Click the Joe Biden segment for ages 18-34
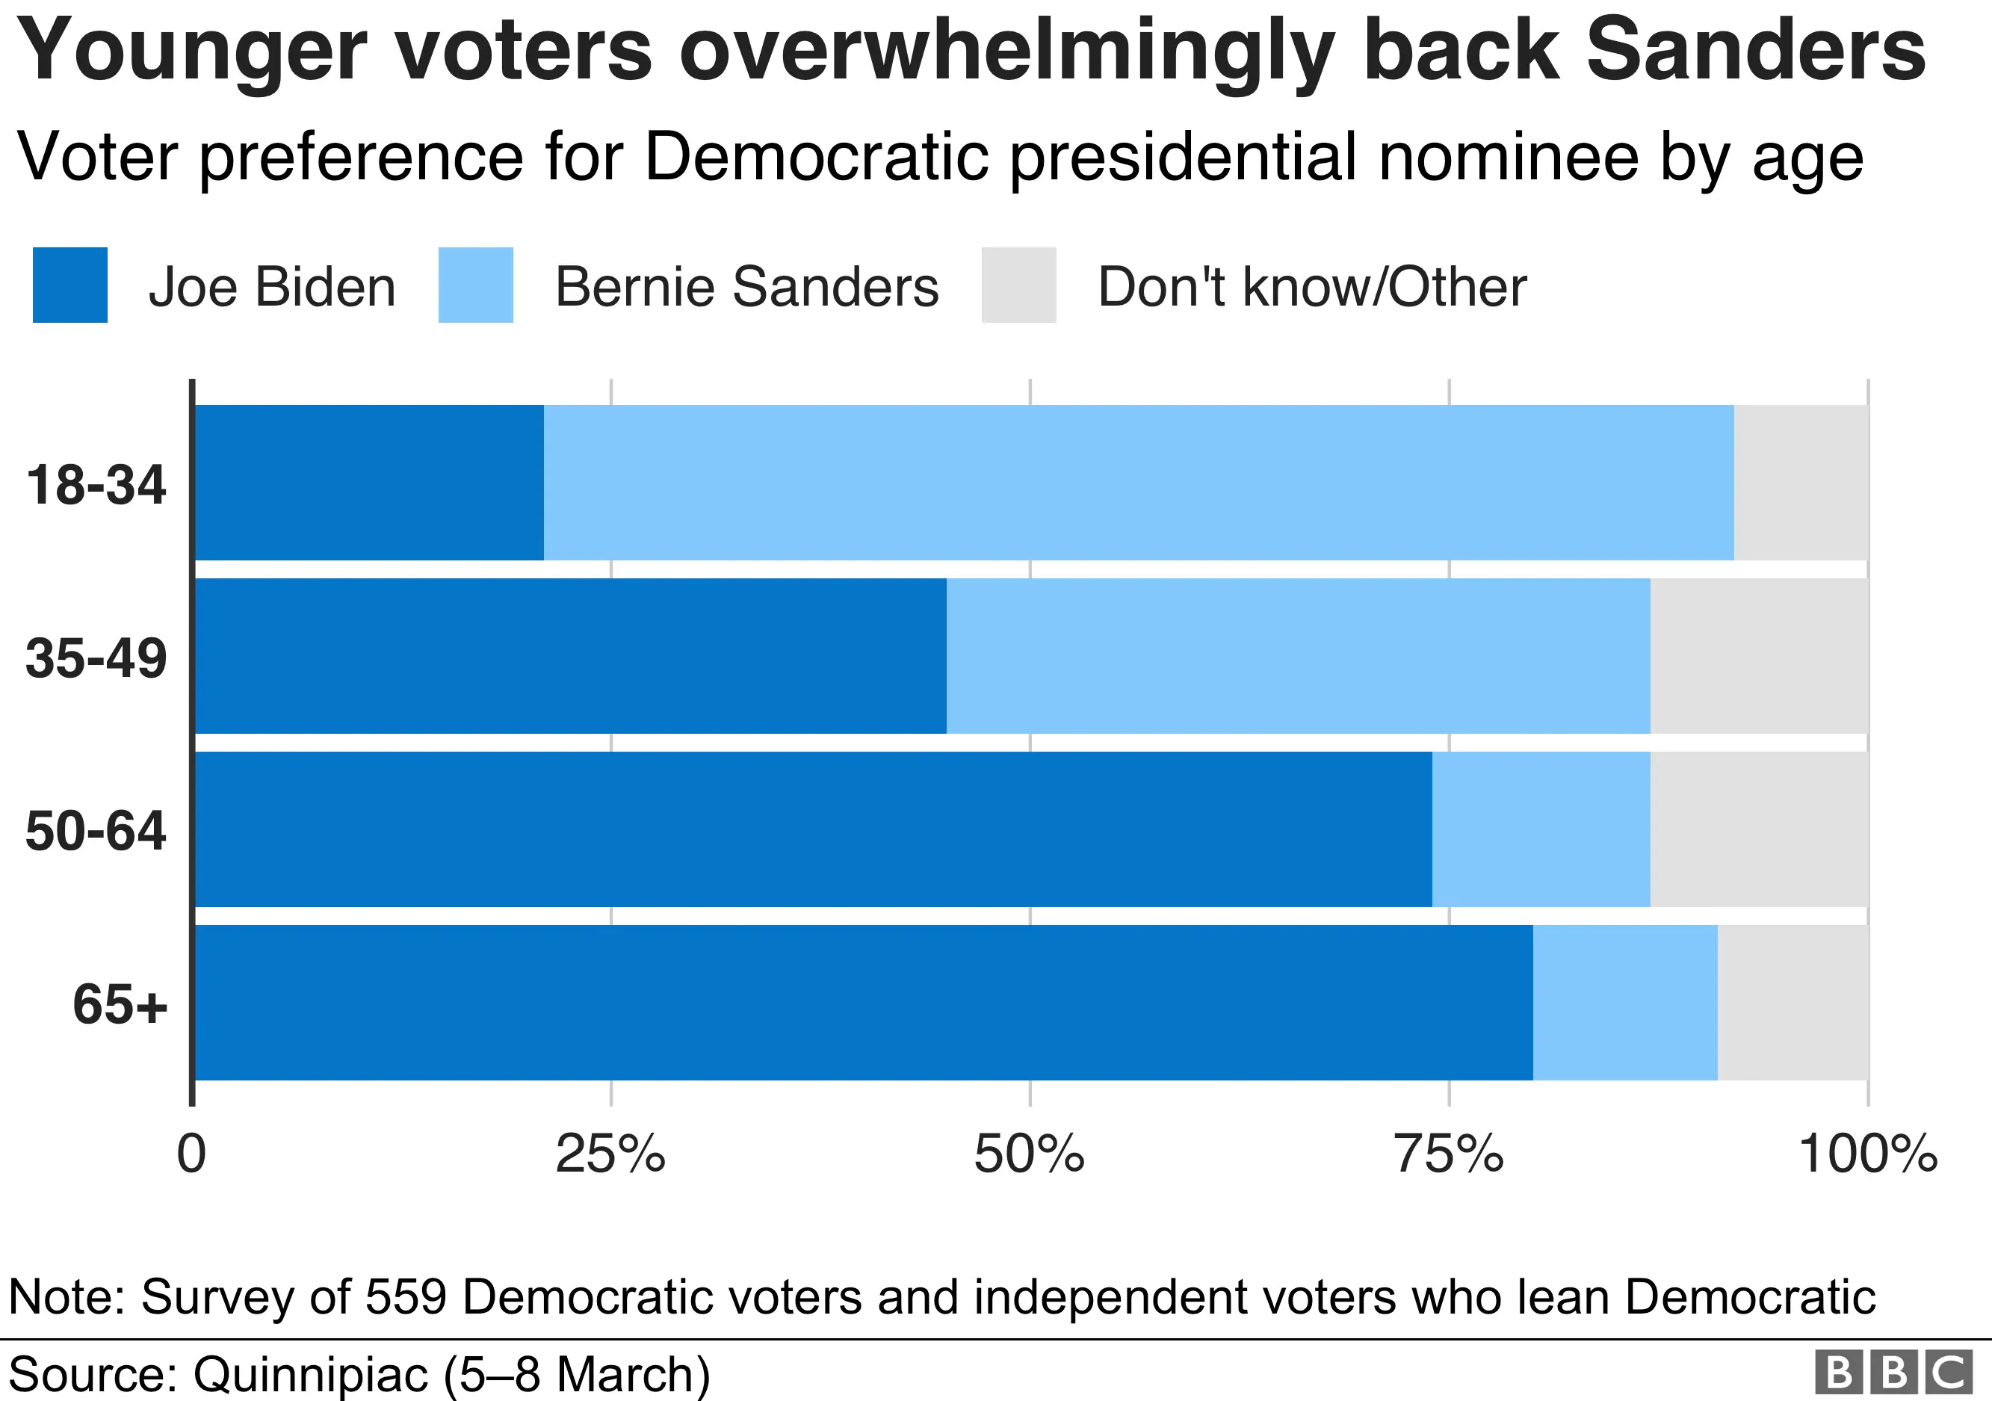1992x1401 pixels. (x=368, y=483)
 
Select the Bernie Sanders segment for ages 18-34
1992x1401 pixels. (x=1138, y=483)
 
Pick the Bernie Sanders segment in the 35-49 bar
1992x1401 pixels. (x=1298, y=656)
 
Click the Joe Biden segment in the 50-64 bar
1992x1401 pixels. (x=813, y=829)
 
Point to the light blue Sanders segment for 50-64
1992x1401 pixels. (x=1541, y=829)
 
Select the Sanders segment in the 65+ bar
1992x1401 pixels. (x=1625, y=1003)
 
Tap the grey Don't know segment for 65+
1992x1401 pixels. (x=1793, y=1003)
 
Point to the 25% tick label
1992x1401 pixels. (x=610, y=1154)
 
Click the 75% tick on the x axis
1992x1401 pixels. (x=1448, y=1154)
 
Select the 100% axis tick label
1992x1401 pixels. (x=1867, y=1154)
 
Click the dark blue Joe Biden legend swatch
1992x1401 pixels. (x=70, y=285)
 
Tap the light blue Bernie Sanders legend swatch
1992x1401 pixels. (x=475, y=285)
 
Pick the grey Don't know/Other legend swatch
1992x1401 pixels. (x=1018, y=285)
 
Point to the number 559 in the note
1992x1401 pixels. (x=405, y=1298)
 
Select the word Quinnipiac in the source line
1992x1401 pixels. (x=310, y=1374)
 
